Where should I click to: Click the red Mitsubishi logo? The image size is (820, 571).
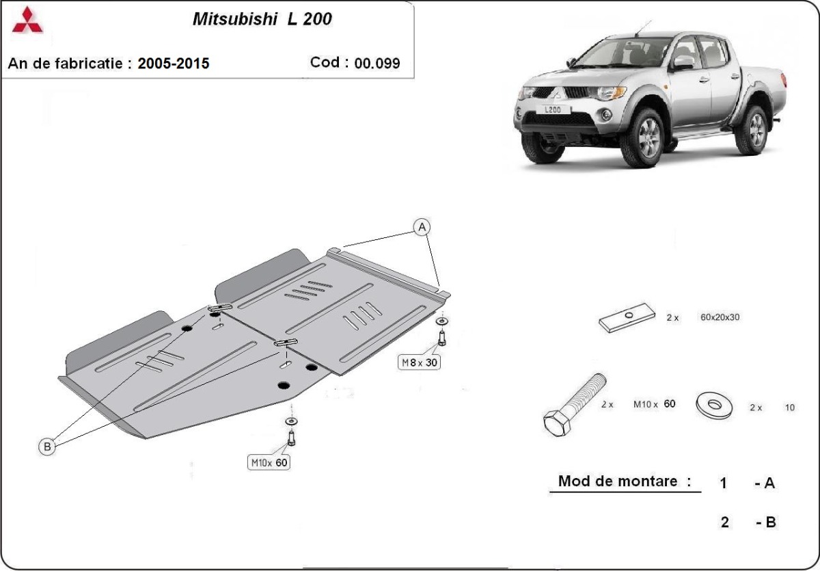pyautogui.click(x=27, y=21)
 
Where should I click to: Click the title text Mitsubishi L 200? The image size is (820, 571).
pyautogui.click(x=262, y=19)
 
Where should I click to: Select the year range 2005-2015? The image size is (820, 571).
pyautogui.click(x=174, y=64)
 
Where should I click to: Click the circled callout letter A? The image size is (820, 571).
pyautogui.click(x=422, y=226)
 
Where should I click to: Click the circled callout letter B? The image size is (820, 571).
pyautogui.click(x=47, y=447)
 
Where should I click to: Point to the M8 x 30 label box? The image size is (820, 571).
pyautogui.click(x=419, y=362)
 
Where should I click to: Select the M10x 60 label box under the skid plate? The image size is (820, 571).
pyautogui.click(x=269, y=463)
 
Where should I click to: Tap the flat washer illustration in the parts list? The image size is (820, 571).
pyautogui.click(x=715, y=404)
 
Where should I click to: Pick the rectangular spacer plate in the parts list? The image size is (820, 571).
pyautogui.click(x=627, y=318)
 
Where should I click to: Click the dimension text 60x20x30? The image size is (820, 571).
pyautogui.click(x=720, y=317)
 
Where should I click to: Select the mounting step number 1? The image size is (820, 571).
pyautogui.click(x=724, y=483)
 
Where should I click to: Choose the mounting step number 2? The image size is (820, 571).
pyautogui.click(x=724, y=522)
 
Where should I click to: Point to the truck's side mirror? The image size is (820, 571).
pyautogui.click(x=681, y=63)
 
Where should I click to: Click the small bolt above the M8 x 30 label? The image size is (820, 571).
pyautogui.click(x=442, y=337)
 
